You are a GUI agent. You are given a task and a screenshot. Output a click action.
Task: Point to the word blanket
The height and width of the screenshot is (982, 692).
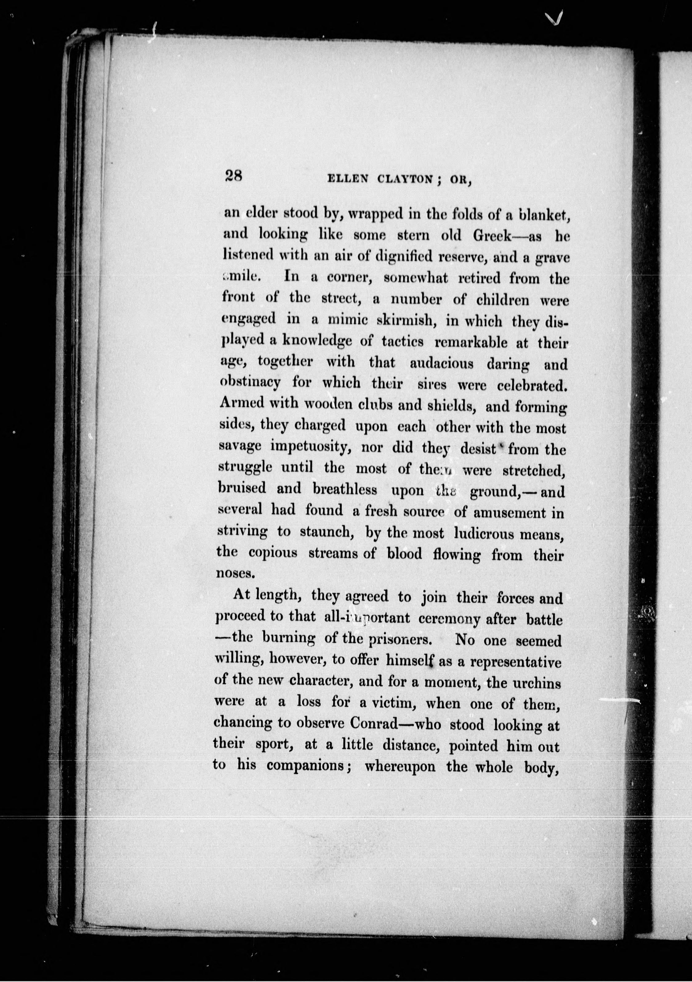(x=542, y=216)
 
